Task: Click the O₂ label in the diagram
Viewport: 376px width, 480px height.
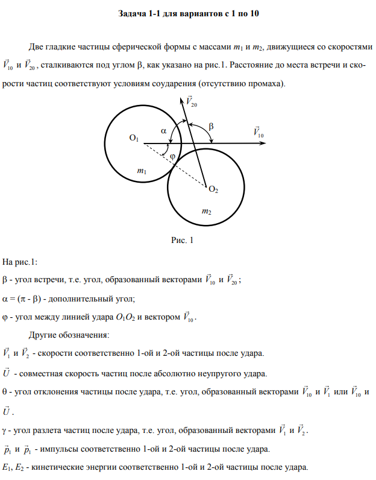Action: click(213, 190)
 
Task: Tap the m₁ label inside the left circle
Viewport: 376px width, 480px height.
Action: click(142, 172)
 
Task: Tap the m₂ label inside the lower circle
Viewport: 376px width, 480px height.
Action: click(206, 212)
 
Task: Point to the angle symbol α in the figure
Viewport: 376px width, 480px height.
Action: click(163, 130)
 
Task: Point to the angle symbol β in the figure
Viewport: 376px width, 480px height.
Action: click(211, 126)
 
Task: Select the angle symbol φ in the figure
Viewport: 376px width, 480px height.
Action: click(172, 156)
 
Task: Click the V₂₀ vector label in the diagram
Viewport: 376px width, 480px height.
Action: click(192, 101)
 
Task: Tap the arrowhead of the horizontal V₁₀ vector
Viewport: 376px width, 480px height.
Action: click(271, 144)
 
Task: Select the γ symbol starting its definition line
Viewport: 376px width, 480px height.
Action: click(5, 431)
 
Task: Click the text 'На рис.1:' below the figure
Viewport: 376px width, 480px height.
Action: click(20, 261)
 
